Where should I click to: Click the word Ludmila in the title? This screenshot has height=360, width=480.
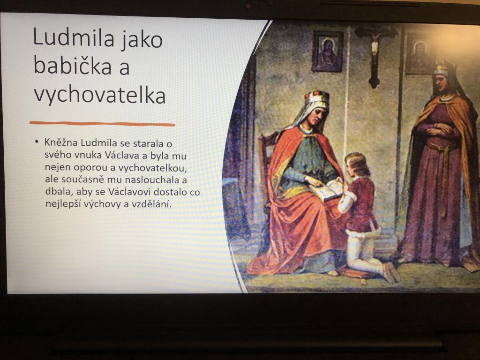(x=74, y=38)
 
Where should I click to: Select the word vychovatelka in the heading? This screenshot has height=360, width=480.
(x=99, y=95)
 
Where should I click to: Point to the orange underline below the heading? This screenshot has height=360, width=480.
(x=102, y=124)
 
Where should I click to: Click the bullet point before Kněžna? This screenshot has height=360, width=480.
(x=37, y=142)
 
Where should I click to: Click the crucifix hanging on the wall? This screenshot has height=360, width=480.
(x=375, y=55)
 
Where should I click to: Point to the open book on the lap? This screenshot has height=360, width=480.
(x=326, y=190)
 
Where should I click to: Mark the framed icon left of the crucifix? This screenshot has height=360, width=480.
(x=327, y=51)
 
